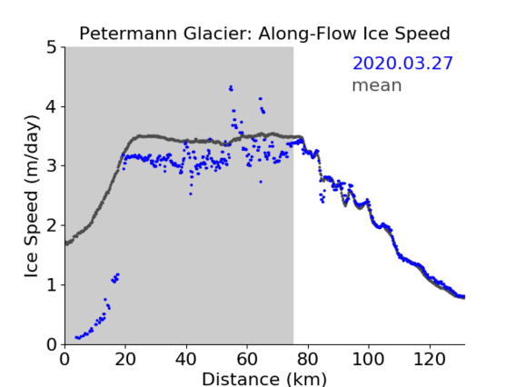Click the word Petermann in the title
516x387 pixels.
(x=129, y=34)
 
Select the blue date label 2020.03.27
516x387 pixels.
(x=402, y=64)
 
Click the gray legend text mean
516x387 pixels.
(x=377, y=85)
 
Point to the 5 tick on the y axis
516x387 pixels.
(x=52, y=47)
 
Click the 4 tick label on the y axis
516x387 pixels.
(x=52, y=106)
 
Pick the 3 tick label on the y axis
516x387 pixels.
(x=52, y=166)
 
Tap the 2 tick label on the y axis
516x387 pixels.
(x=52, y=225)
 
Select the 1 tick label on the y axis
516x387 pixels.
(x=52, y=285)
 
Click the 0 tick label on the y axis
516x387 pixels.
(x=52, y=344)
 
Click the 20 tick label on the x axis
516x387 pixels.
(x=125, y=359)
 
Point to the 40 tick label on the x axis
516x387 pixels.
(x=186, y=359)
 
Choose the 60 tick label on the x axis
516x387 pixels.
(x=247, y=359)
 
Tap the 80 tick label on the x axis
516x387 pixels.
(x=308, y=359)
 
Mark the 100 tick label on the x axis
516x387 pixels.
(x=368, y=359)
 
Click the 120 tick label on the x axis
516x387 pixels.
(x=429, y=359)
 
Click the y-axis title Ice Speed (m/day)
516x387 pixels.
(x=32, y=196)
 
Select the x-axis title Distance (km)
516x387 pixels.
(x=264, y=379)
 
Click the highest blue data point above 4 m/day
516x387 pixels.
(x=231, y=87)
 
